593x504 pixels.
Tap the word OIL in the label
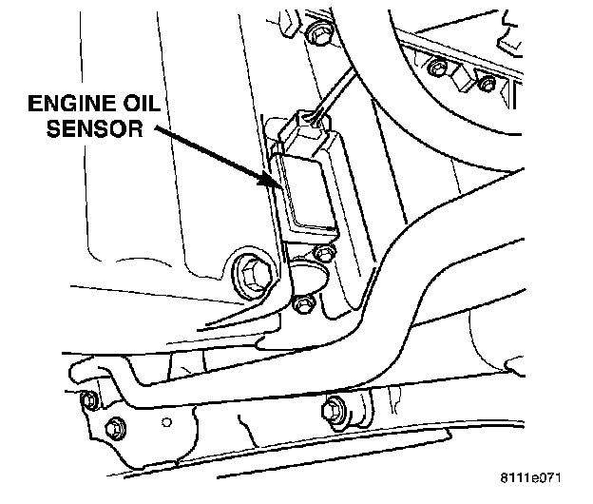[144, 103]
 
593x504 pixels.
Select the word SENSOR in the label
[95, 128]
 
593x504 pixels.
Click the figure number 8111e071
[530, 478]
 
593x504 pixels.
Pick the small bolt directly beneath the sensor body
[325, 252]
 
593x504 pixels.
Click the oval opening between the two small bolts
[307, 277]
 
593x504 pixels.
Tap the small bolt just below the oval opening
[303, 303]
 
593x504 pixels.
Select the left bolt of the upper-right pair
[437, 68]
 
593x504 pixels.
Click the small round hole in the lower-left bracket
[167, 422]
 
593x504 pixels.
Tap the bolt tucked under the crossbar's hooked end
[89, 399]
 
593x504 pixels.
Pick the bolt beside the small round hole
[115, 428]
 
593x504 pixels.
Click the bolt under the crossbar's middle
[335, 410]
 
